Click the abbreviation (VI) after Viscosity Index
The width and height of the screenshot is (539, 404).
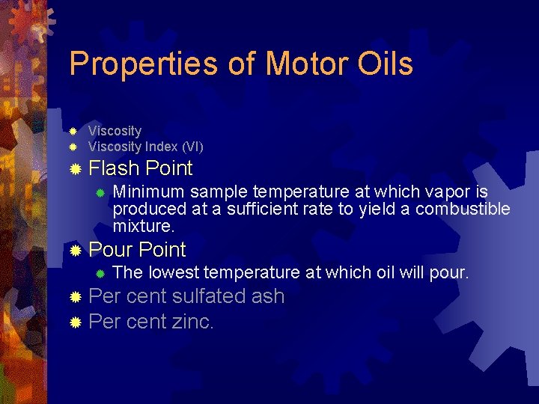(189, 147)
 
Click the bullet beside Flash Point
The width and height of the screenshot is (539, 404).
(74, 170)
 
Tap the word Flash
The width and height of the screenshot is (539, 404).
(115, 169)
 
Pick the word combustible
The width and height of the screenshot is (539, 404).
(463, 209)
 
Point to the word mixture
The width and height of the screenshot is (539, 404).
(143, 225)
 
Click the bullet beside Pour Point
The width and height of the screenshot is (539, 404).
(74, 251)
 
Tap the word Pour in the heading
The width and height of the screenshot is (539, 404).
(111, 250)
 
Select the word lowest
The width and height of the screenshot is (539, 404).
(174, 273)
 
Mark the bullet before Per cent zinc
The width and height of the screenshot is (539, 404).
(74, 323)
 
